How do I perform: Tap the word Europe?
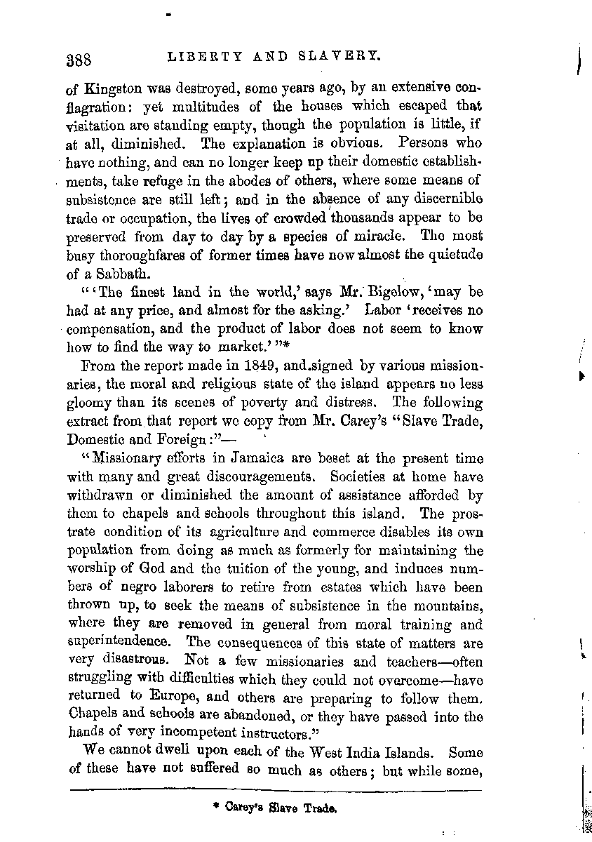point(173,698)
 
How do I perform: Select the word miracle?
point(375,236)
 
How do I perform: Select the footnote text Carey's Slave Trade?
point(278,808)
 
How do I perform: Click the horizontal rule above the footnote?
point(276,791)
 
